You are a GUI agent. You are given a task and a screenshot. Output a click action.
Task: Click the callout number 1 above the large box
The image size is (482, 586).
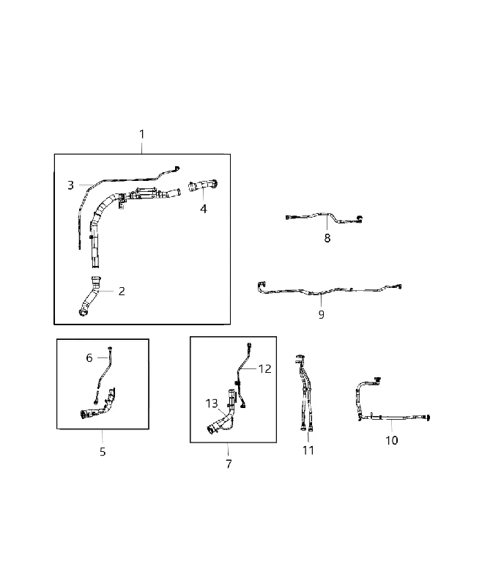(x=141, y=134)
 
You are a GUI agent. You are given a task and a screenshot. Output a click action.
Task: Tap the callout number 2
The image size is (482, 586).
(x=122, y=291)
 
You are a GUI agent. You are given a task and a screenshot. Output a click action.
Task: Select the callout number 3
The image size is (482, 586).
(x=70, y=185)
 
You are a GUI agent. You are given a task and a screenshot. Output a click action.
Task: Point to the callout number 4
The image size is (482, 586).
(x=203, y=209)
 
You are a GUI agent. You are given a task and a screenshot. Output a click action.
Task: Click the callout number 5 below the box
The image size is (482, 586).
(x=103, y=451)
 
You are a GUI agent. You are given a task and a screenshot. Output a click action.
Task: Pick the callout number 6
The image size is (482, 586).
(x=89, y=357)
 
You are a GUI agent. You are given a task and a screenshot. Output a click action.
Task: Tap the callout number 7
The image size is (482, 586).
(x=229, y=464)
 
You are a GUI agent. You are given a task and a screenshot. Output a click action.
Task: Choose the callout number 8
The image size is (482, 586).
(x=327, y=238)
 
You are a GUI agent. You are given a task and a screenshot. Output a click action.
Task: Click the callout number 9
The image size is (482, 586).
(x=322, y=314)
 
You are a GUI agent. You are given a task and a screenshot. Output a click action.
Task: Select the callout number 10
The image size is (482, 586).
(x=392, y=440)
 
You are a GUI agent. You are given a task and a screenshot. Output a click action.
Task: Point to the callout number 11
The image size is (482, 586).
(x=308, y=450)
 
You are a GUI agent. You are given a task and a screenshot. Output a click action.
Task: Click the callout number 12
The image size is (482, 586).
(x=265, y=369)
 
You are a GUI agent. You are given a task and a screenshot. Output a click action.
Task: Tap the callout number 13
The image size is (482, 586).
(x=212, y=404)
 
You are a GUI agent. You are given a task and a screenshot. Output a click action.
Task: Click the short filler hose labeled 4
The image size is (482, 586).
(x=203, y=186)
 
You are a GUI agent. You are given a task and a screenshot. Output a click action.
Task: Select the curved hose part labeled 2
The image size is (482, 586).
(x=89, y=296)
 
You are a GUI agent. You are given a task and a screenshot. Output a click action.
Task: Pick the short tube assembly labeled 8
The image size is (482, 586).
(x=325, y=218)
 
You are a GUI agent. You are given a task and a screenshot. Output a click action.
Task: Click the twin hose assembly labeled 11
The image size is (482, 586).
(x=305, y=393)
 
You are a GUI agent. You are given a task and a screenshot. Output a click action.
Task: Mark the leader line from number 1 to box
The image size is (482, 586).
(x=142, y=147)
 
